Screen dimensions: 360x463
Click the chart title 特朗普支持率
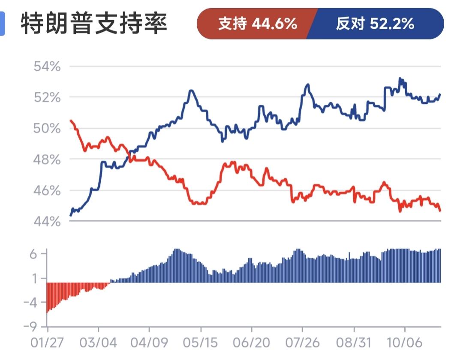coord(93,24)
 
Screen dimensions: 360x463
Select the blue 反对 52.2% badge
coord(375,24)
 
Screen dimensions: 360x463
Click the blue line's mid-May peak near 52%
coord(191,91)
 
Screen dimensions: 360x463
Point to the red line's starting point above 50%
coord(71,121)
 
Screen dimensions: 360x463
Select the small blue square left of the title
coord(2,24)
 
